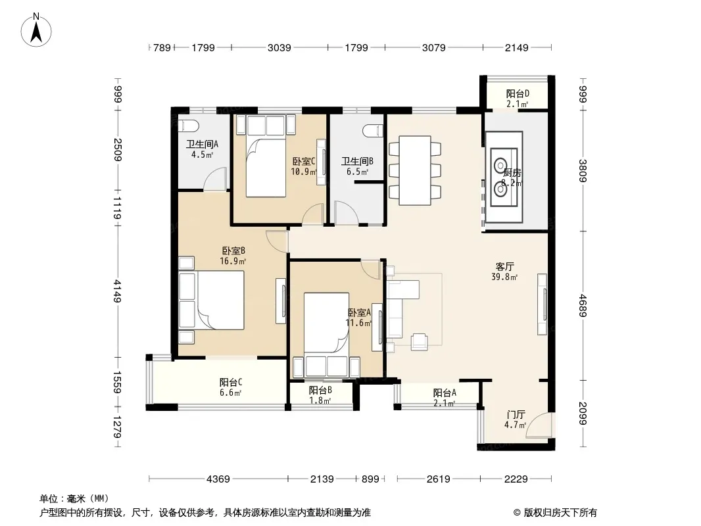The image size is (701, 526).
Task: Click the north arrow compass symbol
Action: pos(36,30)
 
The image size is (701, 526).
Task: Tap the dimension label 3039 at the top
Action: pos(279,47)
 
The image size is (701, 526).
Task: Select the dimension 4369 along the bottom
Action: pos(218,479)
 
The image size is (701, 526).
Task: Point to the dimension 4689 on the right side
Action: pos(583,305)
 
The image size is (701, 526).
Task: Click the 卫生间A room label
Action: pos(202,145)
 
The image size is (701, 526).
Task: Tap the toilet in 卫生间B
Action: pos(374,131)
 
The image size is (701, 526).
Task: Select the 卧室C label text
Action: pos(304,161)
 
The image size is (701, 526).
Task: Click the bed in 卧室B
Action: pos(212,300)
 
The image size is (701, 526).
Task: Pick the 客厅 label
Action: pos(505,267)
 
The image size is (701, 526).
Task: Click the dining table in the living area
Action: pos(415,170)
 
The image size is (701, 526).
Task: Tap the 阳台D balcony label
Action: pos(518,93)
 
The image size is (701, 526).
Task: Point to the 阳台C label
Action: pos(231,383)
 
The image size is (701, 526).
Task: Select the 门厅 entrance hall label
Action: pos(516,415)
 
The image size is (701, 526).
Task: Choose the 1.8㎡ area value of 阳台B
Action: pos(320,400)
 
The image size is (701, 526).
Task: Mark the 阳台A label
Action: pos(445,393)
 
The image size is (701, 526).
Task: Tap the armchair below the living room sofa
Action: pos(420,341)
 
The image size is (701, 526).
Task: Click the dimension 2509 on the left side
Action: pos(118,150)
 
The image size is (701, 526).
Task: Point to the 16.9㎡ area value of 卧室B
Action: pos(233,262)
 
